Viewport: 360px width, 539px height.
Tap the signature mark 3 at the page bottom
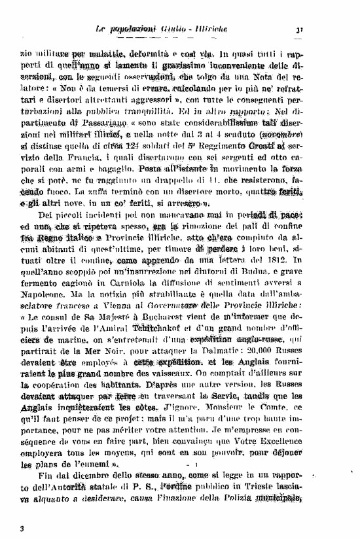coord(22,528)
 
